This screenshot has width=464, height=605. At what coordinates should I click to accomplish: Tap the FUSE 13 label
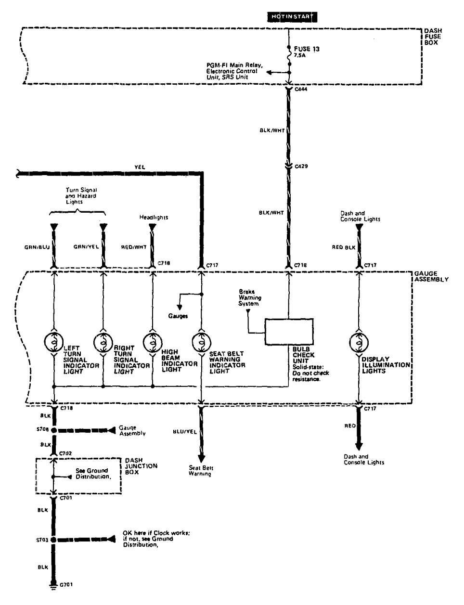tap(306, 49)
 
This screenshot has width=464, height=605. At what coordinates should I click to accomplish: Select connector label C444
tap(302, 89)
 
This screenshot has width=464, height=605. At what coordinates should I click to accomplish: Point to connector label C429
tap(301, 166)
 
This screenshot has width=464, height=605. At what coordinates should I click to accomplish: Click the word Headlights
tap(154, 218)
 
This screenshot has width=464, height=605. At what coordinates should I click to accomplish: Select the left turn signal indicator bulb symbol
tap(53, 342)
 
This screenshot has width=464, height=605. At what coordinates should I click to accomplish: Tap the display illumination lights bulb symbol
tap(358, 342)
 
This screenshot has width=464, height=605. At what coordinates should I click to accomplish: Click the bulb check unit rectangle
tap(289, 332)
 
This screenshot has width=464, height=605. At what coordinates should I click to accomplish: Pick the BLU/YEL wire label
tap(185, 432)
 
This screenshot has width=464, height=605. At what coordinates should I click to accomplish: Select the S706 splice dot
tap(53, 430)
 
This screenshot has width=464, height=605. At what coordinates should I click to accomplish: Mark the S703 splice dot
tap(53, 540)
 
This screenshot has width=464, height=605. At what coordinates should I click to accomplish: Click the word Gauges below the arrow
tap(178, 316)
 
